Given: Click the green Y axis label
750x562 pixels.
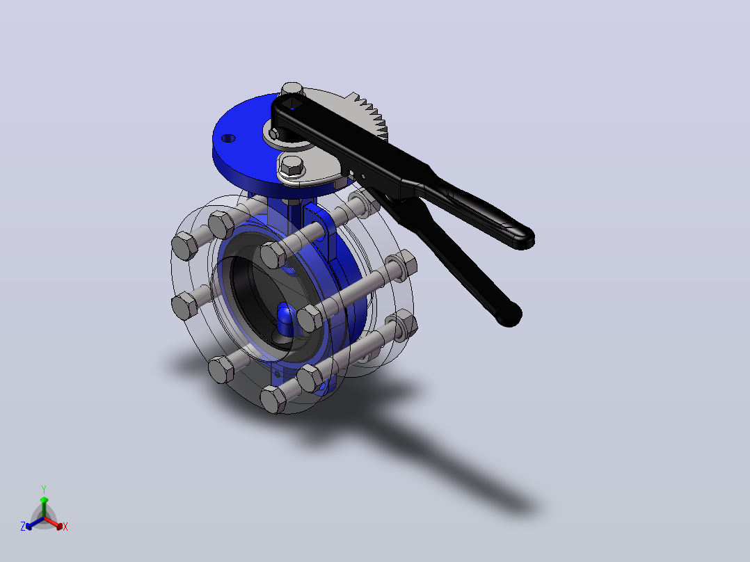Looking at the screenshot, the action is point(44,489).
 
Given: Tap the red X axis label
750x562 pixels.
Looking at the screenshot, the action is point(65,527).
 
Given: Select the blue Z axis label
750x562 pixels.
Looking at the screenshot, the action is point(22,526).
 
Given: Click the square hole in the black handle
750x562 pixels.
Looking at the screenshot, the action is point(291,103).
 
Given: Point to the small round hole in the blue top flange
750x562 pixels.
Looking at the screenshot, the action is point(229,138).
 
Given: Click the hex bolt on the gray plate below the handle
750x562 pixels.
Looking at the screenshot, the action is point(292,165).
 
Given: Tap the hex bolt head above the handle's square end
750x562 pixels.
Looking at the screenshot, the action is point(292,90).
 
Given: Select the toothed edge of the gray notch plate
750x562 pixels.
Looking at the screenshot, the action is point(371,115).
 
